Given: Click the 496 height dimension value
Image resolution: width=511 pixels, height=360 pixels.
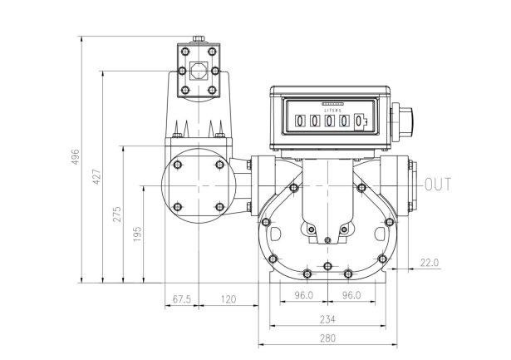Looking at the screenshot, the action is click(x=76, y=157).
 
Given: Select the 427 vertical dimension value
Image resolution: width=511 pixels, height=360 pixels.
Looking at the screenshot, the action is click(x=96, y=177).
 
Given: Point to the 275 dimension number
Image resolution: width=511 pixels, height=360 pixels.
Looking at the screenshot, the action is click(x=117, y=215).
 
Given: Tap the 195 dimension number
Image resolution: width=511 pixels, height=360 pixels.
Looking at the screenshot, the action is click(x=138, y=234).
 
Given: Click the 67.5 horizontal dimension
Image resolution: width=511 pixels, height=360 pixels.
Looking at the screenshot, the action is click(x=181, y=299).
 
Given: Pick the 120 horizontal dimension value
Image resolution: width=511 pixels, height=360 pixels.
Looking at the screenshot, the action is click(x=228, y=299).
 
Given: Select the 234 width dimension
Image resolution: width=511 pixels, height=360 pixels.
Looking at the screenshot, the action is click(x=327, y=319).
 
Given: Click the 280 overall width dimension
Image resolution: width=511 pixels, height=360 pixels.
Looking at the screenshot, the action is click(x=327, y=338).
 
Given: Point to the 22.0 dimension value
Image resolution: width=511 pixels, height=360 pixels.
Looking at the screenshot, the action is click(x=430, y=263).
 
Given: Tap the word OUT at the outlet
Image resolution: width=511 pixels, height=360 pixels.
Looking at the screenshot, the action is click(x=439, y=185).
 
